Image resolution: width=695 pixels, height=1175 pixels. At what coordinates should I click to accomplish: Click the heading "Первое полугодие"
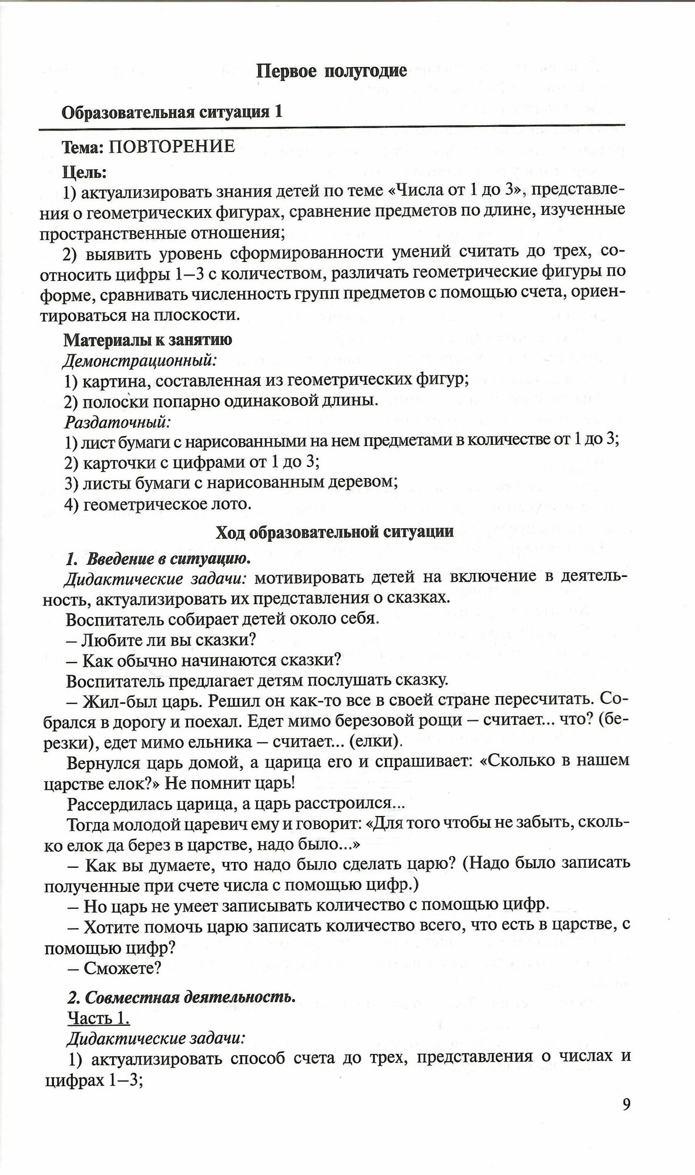(x=332, y=72)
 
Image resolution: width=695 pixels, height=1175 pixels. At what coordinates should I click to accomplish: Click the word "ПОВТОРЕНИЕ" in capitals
(x=170, y=146)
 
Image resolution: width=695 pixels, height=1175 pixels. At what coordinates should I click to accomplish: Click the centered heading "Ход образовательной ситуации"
(x=335, y=532)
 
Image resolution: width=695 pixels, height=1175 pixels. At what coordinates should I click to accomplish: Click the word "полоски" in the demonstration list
(x=110, y=401)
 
